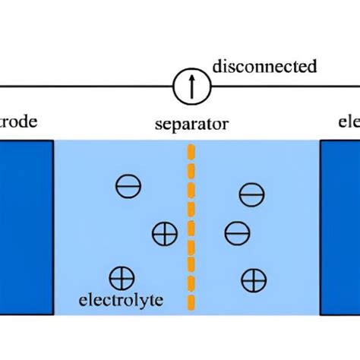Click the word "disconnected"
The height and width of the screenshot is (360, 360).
[264, 67]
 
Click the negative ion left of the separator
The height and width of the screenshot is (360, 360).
[126, 186]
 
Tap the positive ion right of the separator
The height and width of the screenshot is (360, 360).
[253, 280]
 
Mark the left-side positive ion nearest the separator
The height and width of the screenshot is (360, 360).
[164, 233]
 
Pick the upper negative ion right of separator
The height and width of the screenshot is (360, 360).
[251, 195]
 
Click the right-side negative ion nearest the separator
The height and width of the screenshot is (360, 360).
[237, 231]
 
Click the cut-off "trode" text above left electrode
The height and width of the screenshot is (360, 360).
[18, 122]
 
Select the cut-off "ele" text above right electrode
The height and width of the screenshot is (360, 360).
[349, 122]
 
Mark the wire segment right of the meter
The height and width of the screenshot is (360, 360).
[281, 87]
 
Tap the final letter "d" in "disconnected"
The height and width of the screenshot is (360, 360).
[311, 67]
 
